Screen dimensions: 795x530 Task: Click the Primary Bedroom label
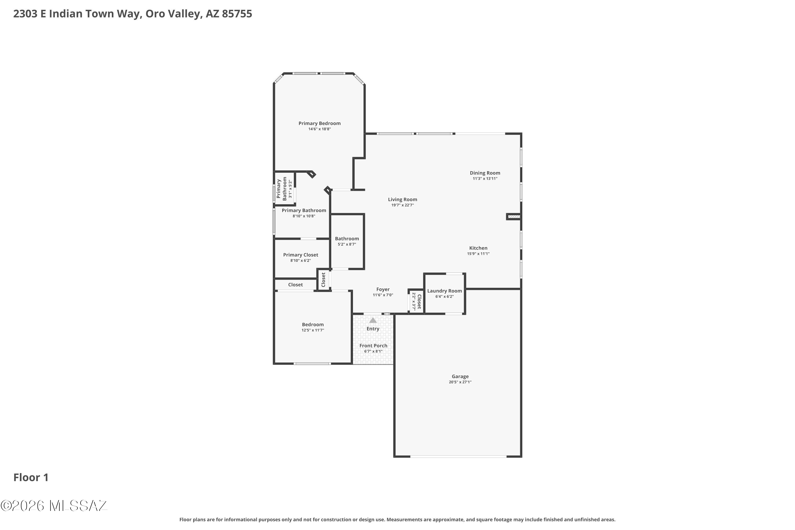coord(319,123)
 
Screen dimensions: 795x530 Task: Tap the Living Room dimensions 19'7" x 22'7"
coord(403,205)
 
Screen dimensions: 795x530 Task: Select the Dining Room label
coord(485,173)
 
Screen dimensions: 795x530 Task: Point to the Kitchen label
coord(478,248)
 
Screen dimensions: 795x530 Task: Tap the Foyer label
coord(383,289)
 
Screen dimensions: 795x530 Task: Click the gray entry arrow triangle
coord(373,320)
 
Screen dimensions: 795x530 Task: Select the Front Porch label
coord(373,346)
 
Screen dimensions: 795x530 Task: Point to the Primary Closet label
coord(301,255)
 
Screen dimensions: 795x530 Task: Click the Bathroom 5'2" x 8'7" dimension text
coord(347,244)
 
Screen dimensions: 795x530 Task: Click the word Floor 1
coord(31,478)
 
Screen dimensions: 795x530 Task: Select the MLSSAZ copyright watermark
coord(54,506)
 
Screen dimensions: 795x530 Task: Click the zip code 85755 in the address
coord(237,14)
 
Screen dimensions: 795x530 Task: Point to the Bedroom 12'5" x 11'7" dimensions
coord(313,330)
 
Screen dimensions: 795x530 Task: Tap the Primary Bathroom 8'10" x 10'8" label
coord(304,213)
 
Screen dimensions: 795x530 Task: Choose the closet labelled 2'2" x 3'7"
coord(416,301)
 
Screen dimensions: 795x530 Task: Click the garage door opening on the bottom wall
coord(458,457)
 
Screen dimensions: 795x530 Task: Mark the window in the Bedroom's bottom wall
coord(312,364)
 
